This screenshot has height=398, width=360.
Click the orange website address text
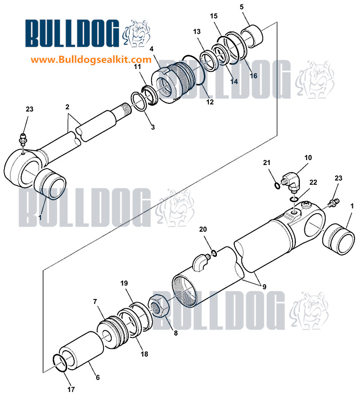tap(91, 60)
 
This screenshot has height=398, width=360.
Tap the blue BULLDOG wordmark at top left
tap(72, 33)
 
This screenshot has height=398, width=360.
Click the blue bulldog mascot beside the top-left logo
tap(137, 33)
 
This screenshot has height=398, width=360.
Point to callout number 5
tap(242, 7)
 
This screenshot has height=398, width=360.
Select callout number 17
tap(71, 389)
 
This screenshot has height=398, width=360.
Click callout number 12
tap(210, 102)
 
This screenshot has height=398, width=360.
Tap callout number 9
tap(264, 286)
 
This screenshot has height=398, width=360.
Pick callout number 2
tap(67, 107)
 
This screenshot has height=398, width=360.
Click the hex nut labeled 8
tap(159, 306)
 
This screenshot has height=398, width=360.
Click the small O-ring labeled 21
tap(278, 186)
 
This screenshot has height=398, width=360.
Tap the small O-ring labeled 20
tap(214, 253)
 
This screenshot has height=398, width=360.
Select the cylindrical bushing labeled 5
tap(252, 36)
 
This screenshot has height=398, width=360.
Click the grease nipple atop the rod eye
tap(23, 139)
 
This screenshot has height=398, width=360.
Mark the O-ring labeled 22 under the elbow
tap(294, 199)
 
